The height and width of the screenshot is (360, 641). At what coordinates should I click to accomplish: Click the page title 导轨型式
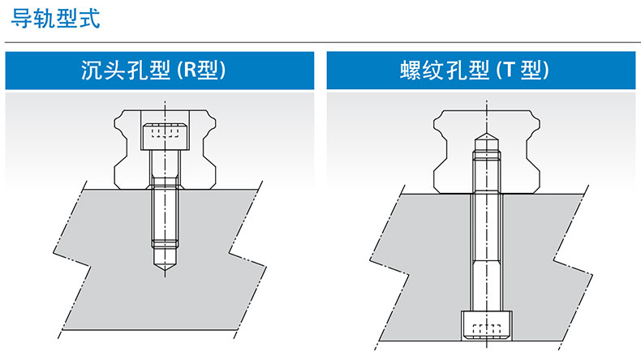coord(55,19)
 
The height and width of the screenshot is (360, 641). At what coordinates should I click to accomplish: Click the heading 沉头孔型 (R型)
coord(153,70)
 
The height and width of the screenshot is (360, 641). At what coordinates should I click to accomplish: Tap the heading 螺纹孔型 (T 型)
coord(475,70)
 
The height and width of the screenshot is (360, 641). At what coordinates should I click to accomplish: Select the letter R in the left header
coord(190,70)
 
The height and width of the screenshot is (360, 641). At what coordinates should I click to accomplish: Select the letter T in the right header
coord(509,70)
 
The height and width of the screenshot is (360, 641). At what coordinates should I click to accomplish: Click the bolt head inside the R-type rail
coord(165,136)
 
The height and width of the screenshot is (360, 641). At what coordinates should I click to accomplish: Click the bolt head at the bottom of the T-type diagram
coord(487,325)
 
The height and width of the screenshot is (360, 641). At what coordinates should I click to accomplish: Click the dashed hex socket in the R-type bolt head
coord(165,132)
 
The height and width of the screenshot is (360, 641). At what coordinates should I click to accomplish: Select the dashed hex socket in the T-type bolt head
coord(487,329)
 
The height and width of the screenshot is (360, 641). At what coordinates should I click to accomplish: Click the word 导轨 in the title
coord(32,19)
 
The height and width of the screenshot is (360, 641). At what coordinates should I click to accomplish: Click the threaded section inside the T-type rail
coord(487,172)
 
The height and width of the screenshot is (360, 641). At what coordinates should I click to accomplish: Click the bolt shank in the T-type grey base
coord(487,251)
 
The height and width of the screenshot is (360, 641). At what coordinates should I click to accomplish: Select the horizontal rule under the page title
coord(323,42)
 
